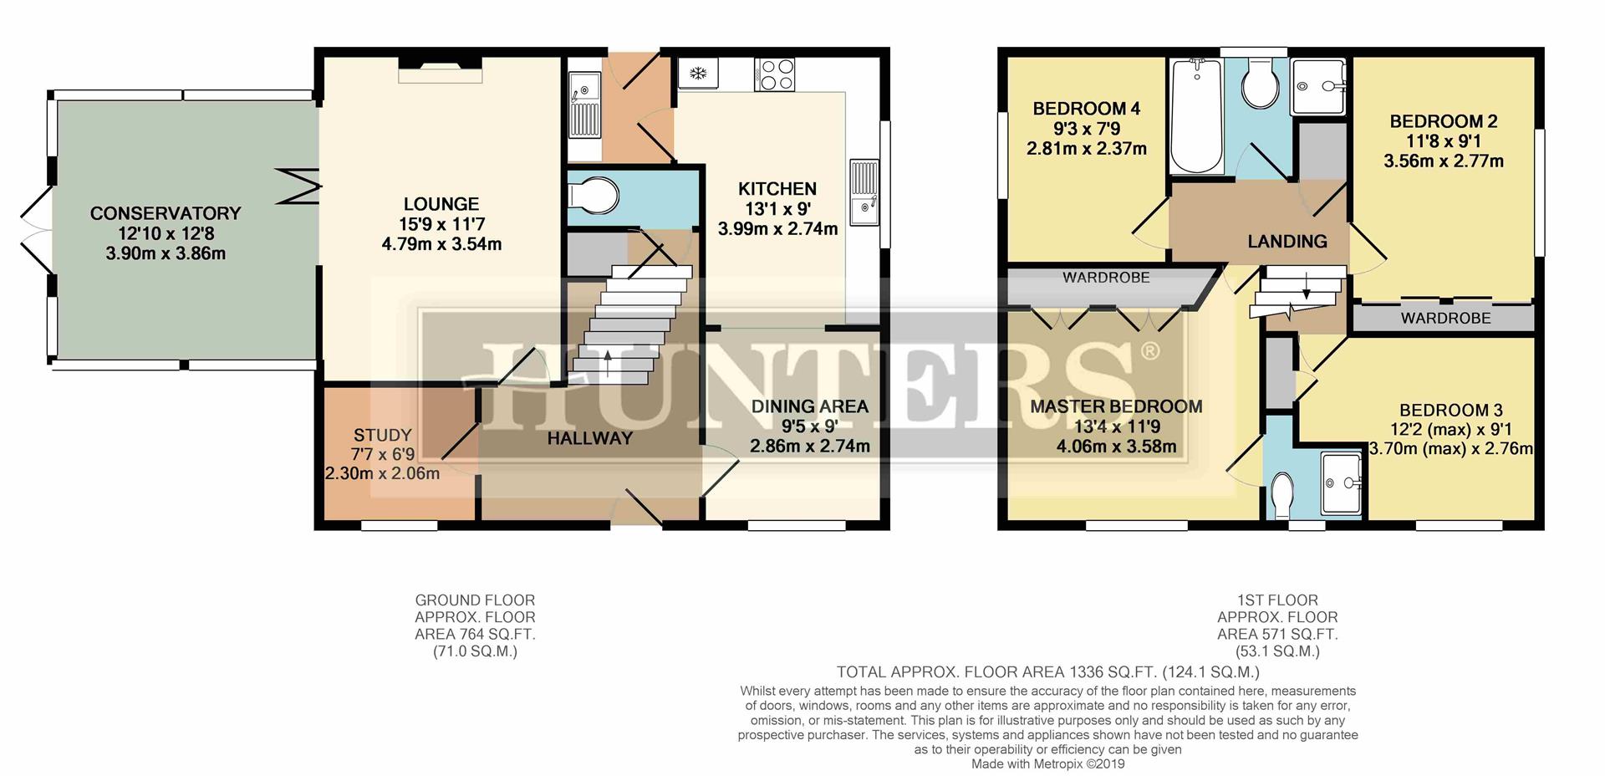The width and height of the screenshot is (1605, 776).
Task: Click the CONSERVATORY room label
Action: coord(166,213)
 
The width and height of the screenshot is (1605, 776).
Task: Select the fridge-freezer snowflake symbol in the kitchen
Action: coord(696,74)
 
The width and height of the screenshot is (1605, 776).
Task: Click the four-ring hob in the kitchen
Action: coord(775,74)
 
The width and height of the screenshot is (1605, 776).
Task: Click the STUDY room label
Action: coord(382,435)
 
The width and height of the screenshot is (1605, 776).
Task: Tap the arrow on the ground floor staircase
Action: coord(607,355)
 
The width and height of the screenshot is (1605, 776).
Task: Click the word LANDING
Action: coord(1287,242)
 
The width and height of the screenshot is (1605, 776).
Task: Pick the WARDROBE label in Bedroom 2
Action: coord(1445,319)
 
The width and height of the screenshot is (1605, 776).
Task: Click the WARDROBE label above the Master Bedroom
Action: coord(1106,278)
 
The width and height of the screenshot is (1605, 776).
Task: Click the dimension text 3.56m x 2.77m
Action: coord(1443,161)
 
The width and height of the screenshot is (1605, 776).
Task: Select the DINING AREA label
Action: coord(809,406)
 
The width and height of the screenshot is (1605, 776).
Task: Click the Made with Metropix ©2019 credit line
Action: coord(1047,764)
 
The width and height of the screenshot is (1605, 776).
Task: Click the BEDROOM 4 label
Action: coord(1086,109)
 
